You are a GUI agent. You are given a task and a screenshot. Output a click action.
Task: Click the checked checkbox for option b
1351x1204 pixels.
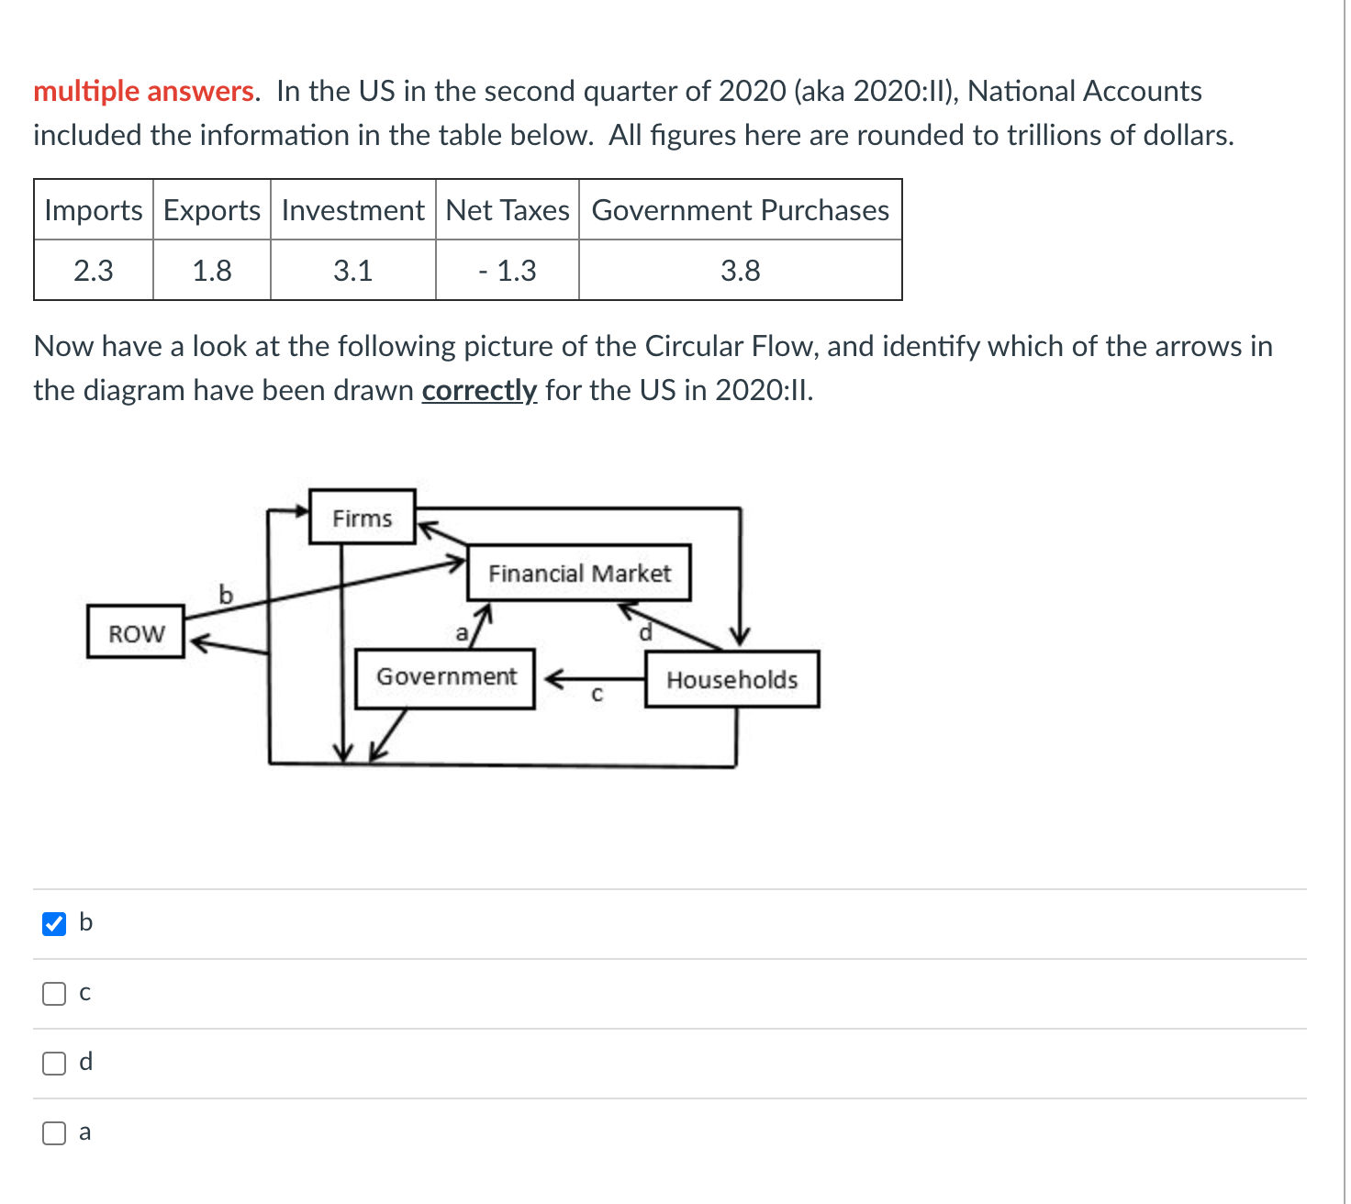pyautogui.click(x=54, y=923)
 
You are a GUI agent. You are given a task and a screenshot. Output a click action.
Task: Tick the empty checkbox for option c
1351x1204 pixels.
pyautogui.click(x=54, y=993)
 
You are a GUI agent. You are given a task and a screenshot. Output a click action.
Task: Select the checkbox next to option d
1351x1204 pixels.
pyautogui.click(x=54, y=1063)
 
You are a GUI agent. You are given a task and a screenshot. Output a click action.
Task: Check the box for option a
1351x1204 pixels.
pyautogui.click(x=54, y=1133)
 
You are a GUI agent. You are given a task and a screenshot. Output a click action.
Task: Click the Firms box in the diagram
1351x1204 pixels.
pyautogui.click(x=362, y=518)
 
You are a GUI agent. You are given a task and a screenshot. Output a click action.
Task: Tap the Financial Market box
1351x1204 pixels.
pyautogui.click(x=579, y=574)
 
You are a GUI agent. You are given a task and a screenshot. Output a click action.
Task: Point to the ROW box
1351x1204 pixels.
pyautogui.click(x=136, y=633)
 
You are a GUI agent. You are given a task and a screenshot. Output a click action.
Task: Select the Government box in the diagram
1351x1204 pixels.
pyautogui.click(x=445, y=677)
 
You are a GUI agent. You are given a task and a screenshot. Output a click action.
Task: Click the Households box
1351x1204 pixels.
pyautogui.click(x=731, y=680)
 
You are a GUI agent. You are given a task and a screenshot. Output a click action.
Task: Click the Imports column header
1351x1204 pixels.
pyautogui.click(x=94, y=210)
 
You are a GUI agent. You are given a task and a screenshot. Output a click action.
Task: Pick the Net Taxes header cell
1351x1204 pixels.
pyautogui.click(x=508, y=210)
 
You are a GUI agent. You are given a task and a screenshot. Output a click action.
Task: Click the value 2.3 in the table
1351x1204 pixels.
pyautogui.click(x=94, y=271)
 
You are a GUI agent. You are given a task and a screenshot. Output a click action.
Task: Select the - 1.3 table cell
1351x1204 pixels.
pyautogui.click(x=508, y=271)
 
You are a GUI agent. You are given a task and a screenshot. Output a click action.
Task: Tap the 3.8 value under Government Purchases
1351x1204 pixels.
pyautogui.click(x=740, y=271)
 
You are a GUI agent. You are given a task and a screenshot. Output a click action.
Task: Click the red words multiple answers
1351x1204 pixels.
pyautogui.click(x=144, y=91)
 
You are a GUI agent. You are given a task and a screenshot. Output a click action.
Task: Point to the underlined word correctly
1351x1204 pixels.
pyautogui.click(x=479, y=390)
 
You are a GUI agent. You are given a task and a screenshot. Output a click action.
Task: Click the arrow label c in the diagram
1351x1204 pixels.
pyautogui.click(x=597, y=696)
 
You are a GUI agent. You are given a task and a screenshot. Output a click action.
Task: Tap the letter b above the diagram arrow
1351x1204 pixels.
pyautogui.click(x=226, y=595)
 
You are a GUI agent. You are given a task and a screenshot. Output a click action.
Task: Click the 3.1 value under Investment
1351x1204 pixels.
pyautogui.click(x=352, y=271)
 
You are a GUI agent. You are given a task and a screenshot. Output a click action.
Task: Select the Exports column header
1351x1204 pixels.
pyautogui.click(x=212, y=210)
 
